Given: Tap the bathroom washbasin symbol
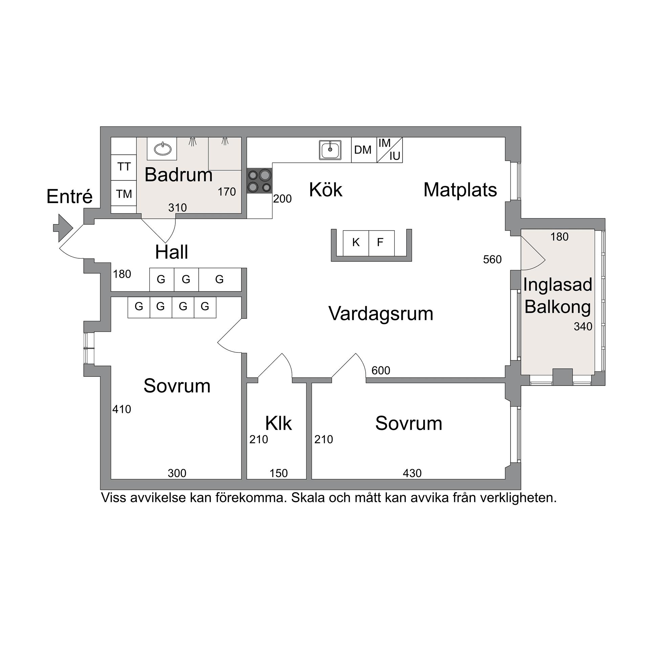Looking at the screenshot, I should point(162,149).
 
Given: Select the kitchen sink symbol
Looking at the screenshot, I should point(330,150).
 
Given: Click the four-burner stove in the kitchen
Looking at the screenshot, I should point(259,181).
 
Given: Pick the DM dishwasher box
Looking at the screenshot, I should point(363,150).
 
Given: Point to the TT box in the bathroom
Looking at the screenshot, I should point(124,167).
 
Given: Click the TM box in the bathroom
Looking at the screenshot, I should point(124,194).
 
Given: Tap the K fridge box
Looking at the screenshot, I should point(356,242).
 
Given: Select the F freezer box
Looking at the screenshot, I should point(380,242).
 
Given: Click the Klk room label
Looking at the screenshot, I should point(278,423).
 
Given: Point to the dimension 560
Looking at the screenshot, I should point(492,260).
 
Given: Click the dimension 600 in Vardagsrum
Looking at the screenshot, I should point(381,371).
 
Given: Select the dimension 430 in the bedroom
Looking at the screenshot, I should point(412,473).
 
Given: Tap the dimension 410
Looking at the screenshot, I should point(122,409).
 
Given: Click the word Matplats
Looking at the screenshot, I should point(460,190).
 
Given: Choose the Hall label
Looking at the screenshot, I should point(172,252).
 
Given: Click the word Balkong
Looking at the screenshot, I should point(558,307).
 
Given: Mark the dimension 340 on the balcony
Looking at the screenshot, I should point(583,327).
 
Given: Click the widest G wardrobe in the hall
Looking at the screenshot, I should point(220,279).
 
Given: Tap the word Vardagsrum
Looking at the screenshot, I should point(381,313).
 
